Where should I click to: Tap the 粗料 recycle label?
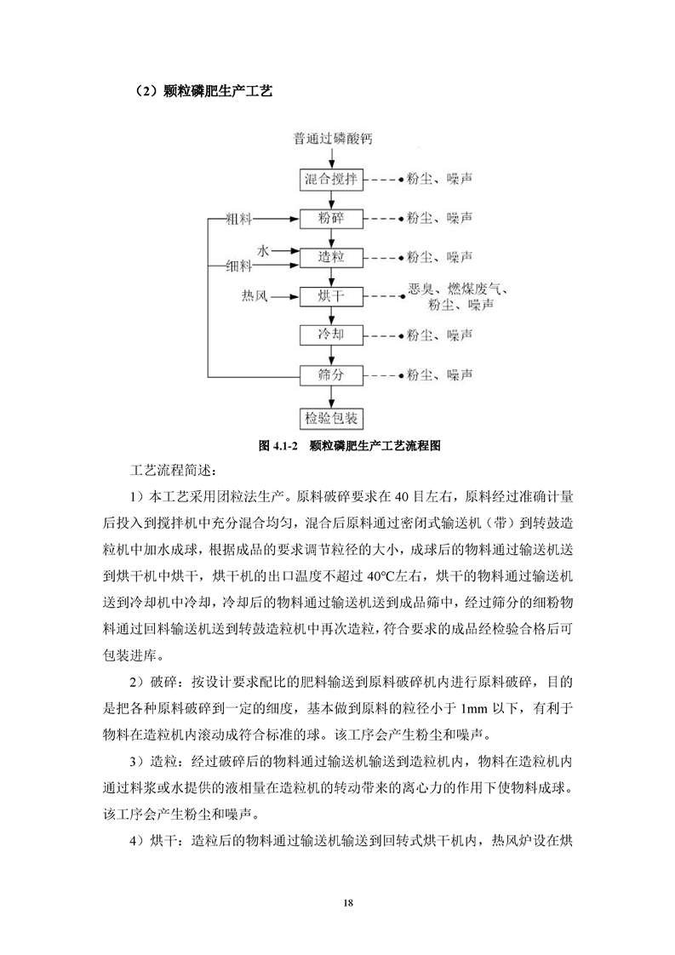point(239,220)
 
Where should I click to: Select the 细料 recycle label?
point(239,266)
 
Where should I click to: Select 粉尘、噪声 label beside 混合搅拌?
point(440,180)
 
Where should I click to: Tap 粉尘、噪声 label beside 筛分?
point(440,374)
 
